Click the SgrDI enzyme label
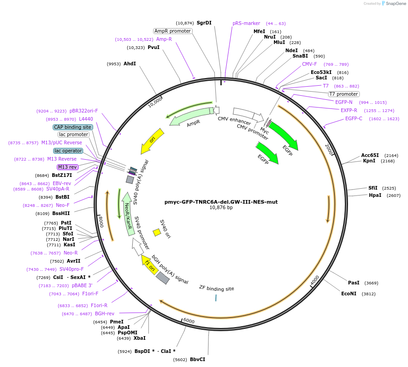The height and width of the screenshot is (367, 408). [x=204, y=23]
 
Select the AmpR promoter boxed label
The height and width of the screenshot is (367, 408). [x=172, y=31]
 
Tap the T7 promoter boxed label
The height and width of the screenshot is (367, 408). [x=343, y=94]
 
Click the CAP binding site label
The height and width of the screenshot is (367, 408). [x=73, y=127]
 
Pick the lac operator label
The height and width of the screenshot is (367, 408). [x=68, y=151]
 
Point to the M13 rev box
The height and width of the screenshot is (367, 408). [x=68, y=167]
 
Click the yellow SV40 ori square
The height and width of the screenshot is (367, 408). [x=157, y=232]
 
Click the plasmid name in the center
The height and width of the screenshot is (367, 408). [x=221, y=202]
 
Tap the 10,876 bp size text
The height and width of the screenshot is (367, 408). [x=221, y=208]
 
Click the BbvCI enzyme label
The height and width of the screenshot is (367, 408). [x=197, y=359]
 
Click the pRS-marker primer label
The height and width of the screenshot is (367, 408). [x=246, y=23]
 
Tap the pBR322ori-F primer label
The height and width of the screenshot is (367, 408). [x=84, y=111]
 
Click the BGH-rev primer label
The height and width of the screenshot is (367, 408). [x=104, y=313]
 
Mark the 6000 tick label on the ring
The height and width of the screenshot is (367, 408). [x=189, y=321]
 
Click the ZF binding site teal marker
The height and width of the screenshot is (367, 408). [x=216, y=297]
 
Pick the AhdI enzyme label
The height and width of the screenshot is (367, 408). [x=129, y=64]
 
